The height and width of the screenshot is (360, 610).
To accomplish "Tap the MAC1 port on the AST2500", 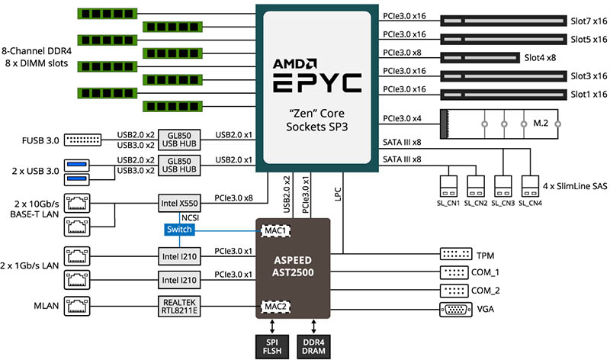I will [275, 230].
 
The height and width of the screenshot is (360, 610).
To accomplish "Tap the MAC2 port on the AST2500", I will [275, 307].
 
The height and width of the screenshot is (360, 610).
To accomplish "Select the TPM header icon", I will [455, 253].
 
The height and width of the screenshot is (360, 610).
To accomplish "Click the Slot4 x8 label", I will [540, 57].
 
